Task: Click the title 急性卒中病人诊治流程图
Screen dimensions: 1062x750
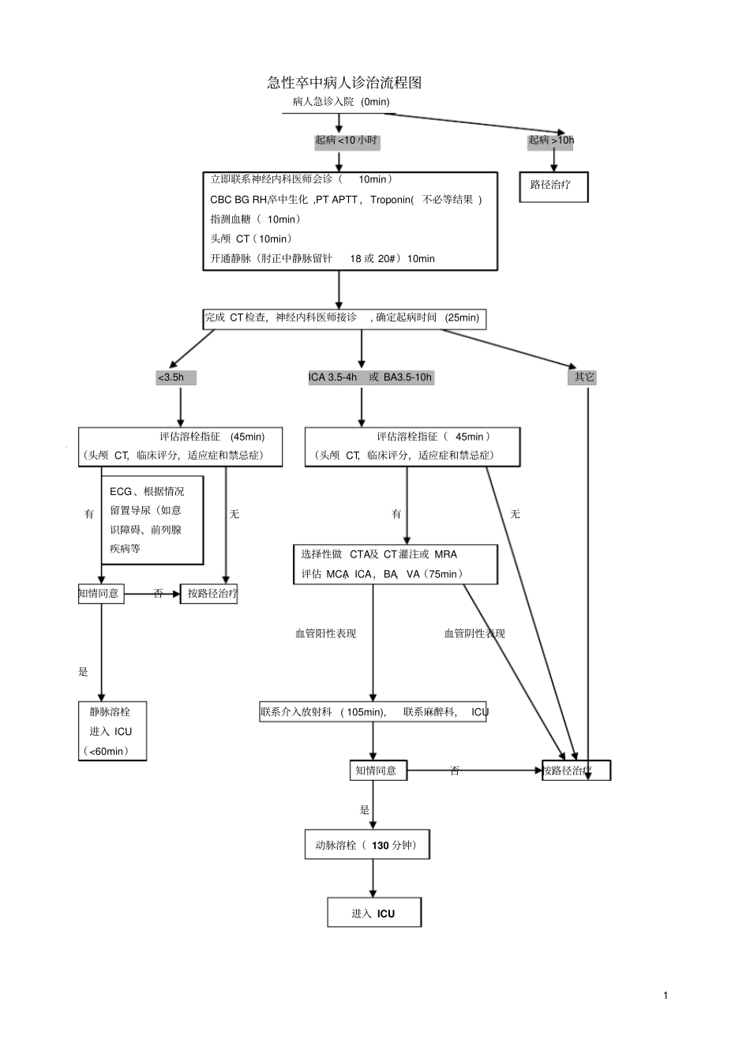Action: coord(344,83)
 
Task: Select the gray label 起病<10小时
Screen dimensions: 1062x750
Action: coord(347,141)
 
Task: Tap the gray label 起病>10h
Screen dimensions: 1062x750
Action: coord(551,141)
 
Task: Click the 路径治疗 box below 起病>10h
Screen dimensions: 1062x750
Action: coord(553,186)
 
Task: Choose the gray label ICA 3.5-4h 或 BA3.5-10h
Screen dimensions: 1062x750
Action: coord(370,377)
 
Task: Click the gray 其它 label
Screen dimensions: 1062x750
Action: coord(584,377)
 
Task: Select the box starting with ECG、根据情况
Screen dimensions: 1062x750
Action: coord(152,520)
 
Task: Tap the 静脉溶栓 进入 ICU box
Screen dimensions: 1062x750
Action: coord(112,731)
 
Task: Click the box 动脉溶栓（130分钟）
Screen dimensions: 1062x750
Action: coord(367,845)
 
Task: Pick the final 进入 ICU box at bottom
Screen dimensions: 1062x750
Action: coord(374,913)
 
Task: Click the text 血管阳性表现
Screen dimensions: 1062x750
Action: coord(325,633)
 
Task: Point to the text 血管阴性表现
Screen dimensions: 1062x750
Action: coord(474,633)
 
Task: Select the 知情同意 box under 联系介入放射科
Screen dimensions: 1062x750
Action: coord(378,771)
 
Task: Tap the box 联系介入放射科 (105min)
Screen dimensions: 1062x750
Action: coord(373,711)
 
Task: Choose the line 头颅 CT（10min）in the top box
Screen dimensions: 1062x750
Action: coord(251,238)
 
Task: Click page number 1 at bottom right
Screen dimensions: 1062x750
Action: coord(666,995)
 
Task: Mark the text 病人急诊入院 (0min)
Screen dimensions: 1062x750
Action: coord(341,102)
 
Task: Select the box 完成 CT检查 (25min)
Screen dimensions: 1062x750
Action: coord(343,318)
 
